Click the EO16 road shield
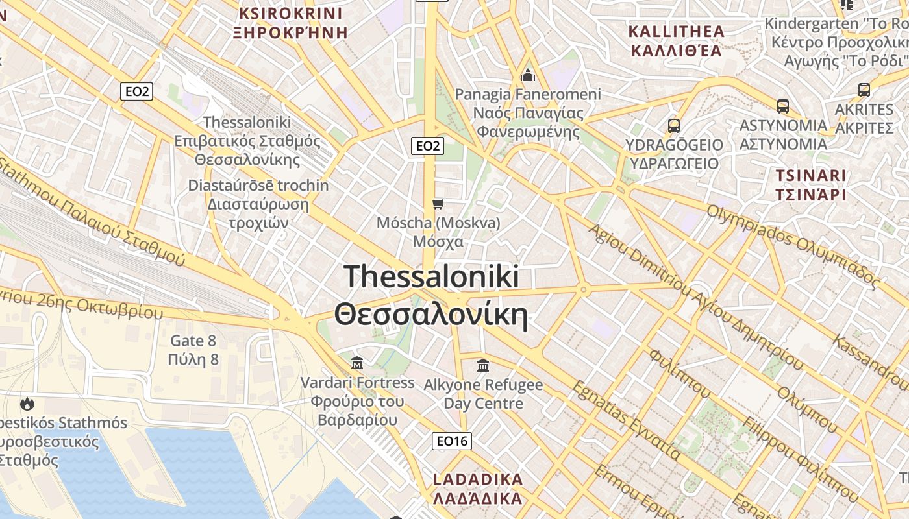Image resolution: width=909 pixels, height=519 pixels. tap(452, 441)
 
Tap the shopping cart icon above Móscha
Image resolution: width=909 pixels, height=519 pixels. tap(438, 204)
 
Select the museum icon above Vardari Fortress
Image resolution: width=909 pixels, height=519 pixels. tap(357, 362)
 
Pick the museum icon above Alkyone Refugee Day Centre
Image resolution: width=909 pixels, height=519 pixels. tap(483, 365)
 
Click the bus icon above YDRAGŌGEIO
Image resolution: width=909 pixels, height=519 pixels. tap(674, 126)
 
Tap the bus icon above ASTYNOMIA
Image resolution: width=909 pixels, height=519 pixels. tap(783, 106)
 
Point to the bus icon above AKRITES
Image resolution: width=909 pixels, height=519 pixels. tap(864, 90)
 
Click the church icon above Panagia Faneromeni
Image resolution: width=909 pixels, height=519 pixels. tap(528, 76)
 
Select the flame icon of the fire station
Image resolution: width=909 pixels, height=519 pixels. tap(27, 404)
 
